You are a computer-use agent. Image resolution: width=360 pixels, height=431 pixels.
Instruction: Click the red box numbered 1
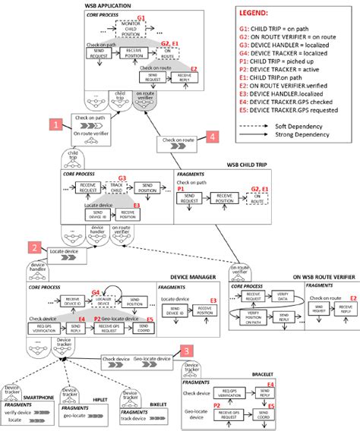54,122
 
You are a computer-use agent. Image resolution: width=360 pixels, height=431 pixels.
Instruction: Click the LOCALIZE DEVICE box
124,301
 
